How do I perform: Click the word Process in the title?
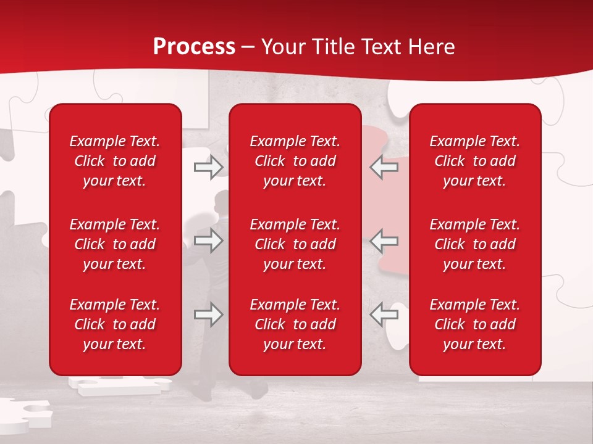pyautogui.click(x=194, y=47)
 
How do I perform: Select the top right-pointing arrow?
pyautogui.click(x=209, y=167)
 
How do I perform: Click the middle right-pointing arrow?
pyautogui.click(x=209, y=241)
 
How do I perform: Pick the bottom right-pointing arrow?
pyautogui.click(x=209, y=314)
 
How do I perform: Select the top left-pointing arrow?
pyautogui.click(x=384, y=167)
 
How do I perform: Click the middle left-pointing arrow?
pyautogui.click(x=384, y=241)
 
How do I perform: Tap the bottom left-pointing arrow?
pyautogui.click(x=384, y=314)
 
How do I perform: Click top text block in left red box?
pyautogui.click(x=115, y=161)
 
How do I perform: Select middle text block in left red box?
pyautogui.click(x=115, y=244)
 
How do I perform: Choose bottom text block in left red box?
pyautogui.click(x=115, y=324)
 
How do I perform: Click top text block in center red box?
pyautogui.click(x=295, y=161)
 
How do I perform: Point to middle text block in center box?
pyautogui.click(x=295, y=244)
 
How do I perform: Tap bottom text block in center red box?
pyautogui.click(x=295, y=324)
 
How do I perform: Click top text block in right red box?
pyautogui.click(x=474, y=161)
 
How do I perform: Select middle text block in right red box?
pyautogui.click(x=474, y=244)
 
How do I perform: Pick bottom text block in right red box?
pyautogui.click(x=474, y=324)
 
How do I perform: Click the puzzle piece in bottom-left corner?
pyautogui.click(x=25, y=414)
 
